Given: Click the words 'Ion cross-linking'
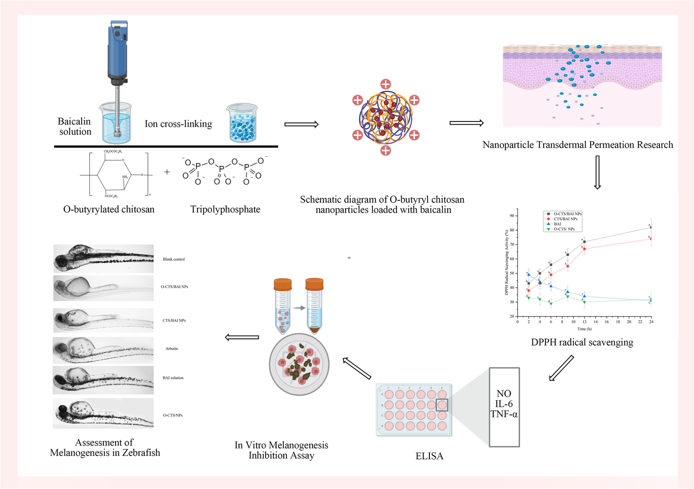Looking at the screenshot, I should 178,124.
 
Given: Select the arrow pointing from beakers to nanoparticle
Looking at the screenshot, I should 301,124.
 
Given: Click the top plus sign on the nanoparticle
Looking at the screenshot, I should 386,84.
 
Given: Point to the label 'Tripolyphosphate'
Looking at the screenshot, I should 225,209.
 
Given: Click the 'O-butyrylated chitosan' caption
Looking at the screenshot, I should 108,209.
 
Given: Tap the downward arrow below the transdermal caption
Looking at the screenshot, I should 597,172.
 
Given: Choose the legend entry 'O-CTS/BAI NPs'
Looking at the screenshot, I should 567,214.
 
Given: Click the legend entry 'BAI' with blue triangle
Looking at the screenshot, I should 557,224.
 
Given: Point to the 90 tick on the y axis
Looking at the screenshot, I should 512,216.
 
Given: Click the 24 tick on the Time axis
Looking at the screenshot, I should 651,322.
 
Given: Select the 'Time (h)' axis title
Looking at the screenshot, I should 584,329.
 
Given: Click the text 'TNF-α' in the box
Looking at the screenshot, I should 504,414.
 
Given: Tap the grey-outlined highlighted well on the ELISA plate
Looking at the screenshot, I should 442,405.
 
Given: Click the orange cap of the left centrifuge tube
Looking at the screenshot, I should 282,285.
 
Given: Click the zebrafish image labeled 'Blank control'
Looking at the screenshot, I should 103,259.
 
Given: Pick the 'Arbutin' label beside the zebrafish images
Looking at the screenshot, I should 172,349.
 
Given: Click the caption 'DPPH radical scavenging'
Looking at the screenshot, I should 582,342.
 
